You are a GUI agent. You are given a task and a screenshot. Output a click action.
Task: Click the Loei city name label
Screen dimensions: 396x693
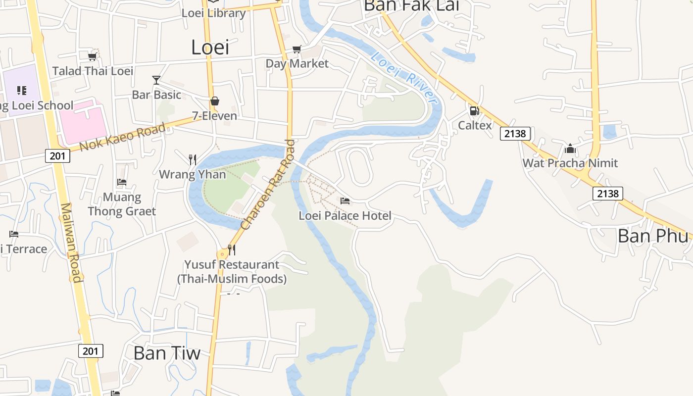(x=210, y=48)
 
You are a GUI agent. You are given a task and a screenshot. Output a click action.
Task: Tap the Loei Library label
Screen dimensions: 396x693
(x=213, y=13)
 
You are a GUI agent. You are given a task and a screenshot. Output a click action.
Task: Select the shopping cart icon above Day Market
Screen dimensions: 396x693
(x=297, y=49)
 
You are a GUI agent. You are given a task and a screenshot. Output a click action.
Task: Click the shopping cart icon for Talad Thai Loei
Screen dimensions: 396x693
(x=92, y=56)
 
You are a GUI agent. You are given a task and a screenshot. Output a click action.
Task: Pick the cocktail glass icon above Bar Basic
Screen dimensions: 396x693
(x=156, y=80)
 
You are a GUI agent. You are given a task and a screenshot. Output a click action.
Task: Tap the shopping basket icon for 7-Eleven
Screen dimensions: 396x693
(x=215, y=101)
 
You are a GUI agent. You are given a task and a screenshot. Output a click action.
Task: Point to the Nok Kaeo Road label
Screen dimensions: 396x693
(x=122, y=138)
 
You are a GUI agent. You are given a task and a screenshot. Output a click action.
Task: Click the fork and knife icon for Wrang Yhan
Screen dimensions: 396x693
(x=193, y=159)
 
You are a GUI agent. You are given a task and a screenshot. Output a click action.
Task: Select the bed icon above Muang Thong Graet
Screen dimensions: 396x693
(x=122, y=182)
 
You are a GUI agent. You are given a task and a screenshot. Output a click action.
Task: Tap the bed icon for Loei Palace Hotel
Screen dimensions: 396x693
(x=345, y=200)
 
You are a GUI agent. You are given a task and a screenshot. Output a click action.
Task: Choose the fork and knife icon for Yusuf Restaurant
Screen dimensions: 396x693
(x=231, y=249)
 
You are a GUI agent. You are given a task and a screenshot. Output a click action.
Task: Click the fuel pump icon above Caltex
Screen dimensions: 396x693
(x=474, y=110)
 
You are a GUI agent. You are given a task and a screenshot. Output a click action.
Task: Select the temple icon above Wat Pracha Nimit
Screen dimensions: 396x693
(x=570, y=148)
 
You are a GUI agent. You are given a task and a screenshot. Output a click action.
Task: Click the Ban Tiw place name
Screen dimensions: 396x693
(x=167, y=353)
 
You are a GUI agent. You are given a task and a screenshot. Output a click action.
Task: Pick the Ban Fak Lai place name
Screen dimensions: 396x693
(x=411, y=5)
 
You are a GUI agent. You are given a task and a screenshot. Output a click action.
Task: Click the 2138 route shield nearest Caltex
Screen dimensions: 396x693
(x=515, y=133)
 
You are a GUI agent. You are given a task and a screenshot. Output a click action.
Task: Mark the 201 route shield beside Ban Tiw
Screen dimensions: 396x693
(x=91, y=351)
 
